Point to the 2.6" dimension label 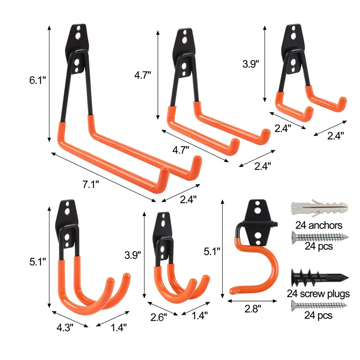(158, 317)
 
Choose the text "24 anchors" (319, 225)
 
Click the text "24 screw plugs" (319, 294)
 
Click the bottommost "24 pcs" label (319, 315)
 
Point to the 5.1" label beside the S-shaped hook (211, 252)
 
